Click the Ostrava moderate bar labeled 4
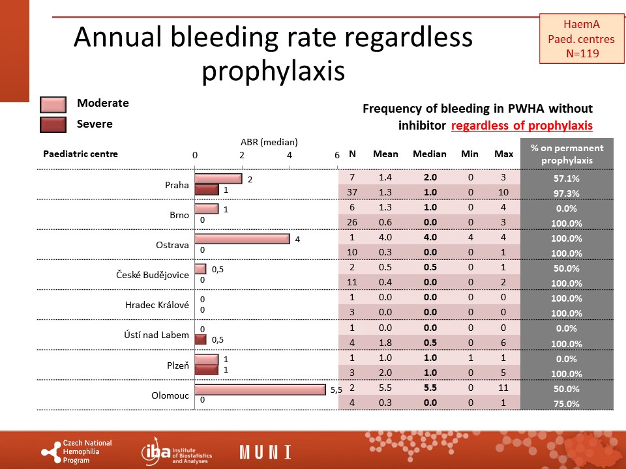[243, 239]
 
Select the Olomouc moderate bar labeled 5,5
[260, 390]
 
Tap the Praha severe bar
[207, 190]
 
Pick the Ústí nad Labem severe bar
[200, 339]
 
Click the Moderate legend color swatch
[53, 104]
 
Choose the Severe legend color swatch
[53, 124]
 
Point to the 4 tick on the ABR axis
[290, 155]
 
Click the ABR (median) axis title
[269, 142]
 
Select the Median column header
[430, 154]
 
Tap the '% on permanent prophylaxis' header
[567, 154]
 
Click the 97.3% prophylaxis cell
[567, 193]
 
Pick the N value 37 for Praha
[351, 192]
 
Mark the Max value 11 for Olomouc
[503, 388]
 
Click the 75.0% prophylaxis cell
[567, 404]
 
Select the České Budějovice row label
[153, 275]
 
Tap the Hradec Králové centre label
[157, 305]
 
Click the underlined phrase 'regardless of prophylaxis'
[522, 126]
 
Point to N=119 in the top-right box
[582, 53]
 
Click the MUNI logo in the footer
[265, 452]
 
